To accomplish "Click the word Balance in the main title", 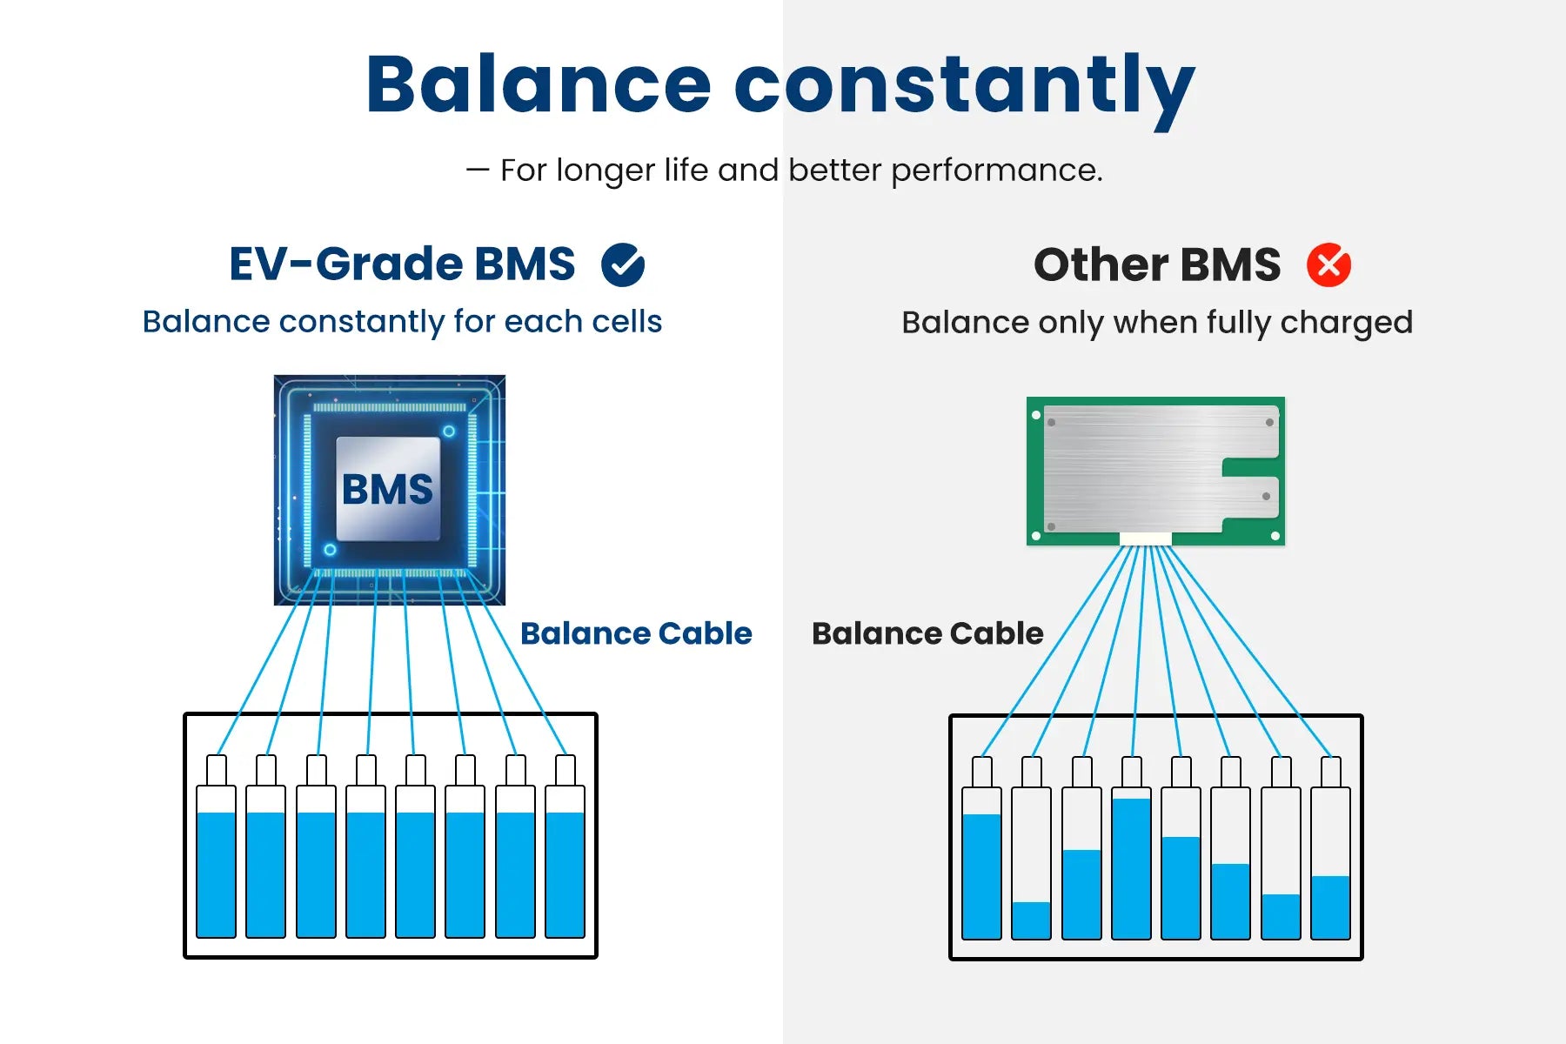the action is click(539, 84).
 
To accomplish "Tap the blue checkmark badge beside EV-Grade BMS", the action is click(623, 264).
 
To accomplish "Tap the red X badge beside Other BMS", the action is click(1328, 264).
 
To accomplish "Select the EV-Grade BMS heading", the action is click(402, 264).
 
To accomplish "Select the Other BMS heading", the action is click(1157, 264).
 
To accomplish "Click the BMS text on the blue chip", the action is click(387, 489).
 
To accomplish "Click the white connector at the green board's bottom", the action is click(1145, 539).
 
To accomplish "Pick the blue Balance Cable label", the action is click(636, 633).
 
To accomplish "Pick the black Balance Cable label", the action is click(927, 633).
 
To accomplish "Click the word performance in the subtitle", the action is click(996, 171).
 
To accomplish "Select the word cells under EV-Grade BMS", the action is click(626, 321).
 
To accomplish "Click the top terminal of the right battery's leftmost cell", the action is click(981, 772).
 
